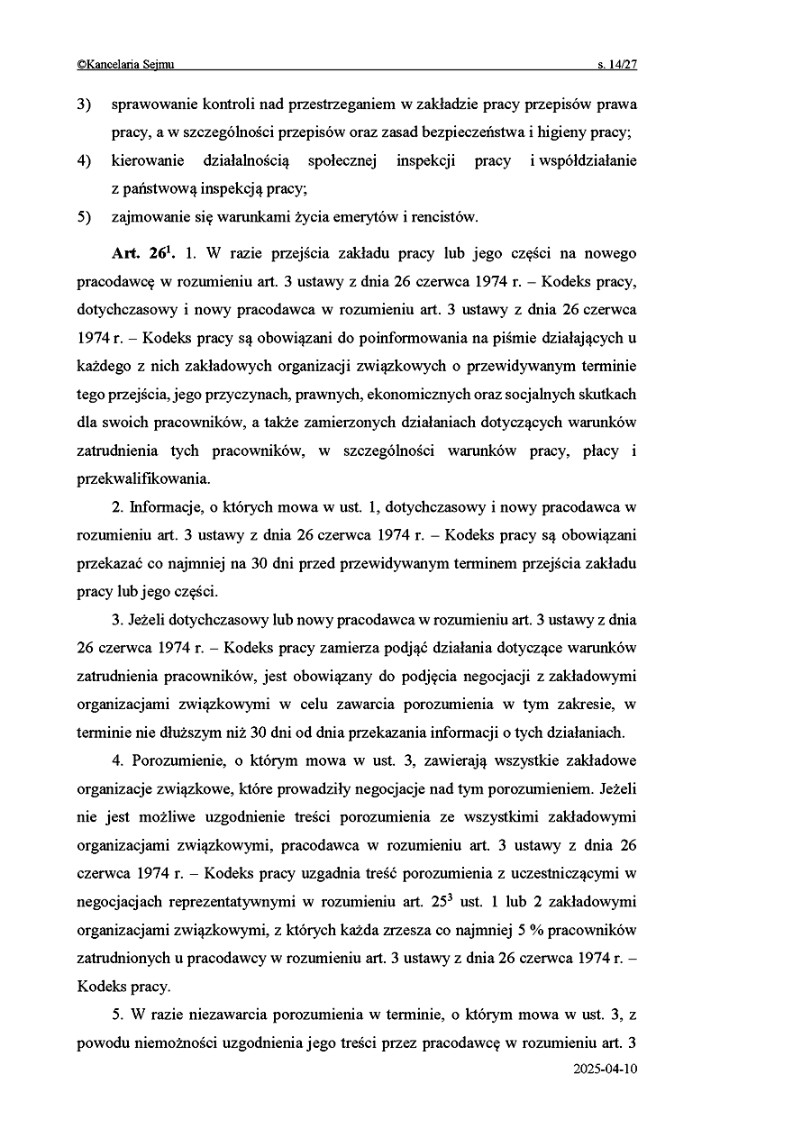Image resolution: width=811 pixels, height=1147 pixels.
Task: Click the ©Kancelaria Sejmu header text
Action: (x=126, y=65)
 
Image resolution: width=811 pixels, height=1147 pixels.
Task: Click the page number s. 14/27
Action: (x=616, y=65)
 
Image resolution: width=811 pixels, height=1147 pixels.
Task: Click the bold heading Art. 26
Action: (x=142, y=254)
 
